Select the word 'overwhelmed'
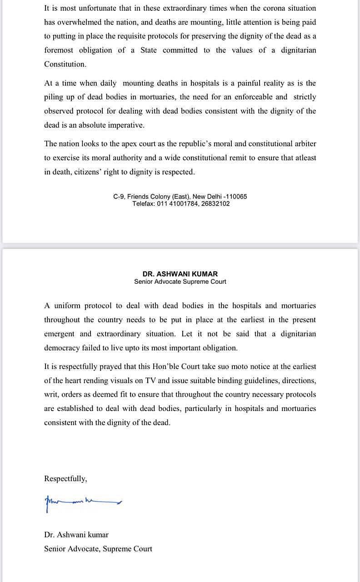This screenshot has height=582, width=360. [80, 22]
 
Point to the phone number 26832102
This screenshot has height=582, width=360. [216, 204]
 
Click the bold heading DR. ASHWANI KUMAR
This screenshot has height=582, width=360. [180, 274]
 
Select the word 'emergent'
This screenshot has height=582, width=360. [59, 334]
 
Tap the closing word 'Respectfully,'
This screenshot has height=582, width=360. [65, 478]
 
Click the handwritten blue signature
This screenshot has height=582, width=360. [82, 502]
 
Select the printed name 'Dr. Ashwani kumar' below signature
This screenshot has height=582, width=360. [76, 535]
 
